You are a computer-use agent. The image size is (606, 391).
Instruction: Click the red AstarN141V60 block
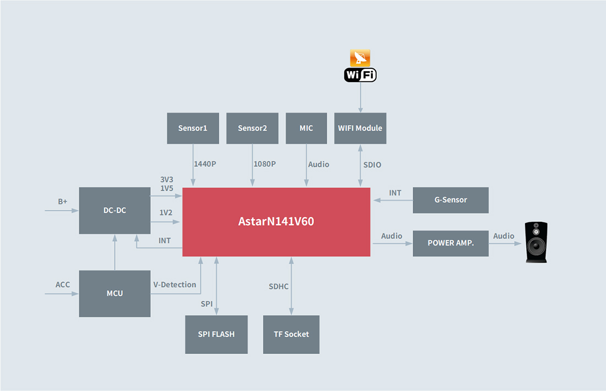pyautogui.click(x=276, y=222)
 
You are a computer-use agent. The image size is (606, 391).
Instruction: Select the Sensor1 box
pyautogui.click(x=193, y=128)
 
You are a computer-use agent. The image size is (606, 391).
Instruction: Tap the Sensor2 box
pyautogui.click(x=252, y=128)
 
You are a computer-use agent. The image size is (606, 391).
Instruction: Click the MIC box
pyautogui.click(x=306, y=128)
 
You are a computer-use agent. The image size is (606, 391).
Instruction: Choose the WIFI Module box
pyautogui.click(x=360, y=128)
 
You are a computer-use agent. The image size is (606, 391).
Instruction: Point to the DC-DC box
pyautogui.click(x=115, y=210)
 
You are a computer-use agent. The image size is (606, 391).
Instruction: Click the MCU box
pyautogui.click(x=115, y=294)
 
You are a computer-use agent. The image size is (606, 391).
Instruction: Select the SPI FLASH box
pyautogui.click(x=216, y=334)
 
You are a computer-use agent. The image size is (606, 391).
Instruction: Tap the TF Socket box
pyautogui.click(x=291, y=334)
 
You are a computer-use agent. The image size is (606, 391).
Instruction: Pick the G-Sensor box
pyautogui.click(x=451, y=200)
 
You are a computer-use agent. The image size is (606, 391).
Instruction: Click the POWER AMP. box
pyautogui.click(x=451, y=243)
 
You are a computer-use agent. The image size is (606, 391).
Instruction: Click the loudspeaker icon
pyautogui.click(x=536, y=242)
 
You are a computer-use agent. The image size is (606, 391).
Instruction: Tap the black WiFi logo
pyautogui.click(x=360, y=75)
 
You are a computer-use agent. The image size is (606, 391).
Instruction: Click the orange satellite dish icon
pyautogui.click(x=360, y=58)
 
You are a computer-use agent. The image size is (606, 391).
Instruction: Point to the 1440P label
pyautogui.click(x=205, y=164)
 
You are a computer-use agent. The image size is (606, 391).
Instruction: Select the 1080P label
pyautogui.click(x=264, y=164)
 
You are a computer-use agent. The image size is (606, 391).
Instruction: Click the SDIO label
pyautogui.click(x=372, y=165)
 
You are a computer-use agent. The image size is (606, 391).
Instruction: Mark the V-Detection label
pyautogui.click(x=175, y=285)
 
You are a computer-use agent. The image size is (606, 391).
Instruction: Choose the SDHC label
pyautogui.click(x=279, y=286)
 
